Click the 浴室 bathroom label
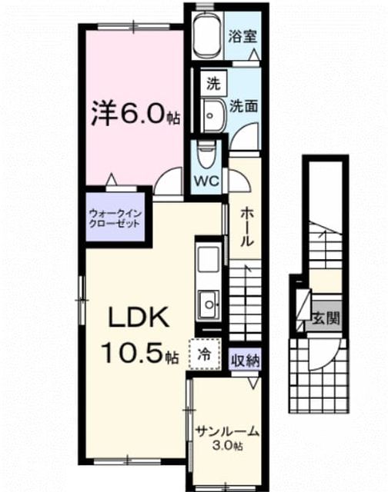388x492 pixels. [242, 36]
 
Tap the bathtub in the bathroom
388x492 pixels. [208, 35]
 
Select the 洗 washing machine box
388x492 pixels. [214, 84]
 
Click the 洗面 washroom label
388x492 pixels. [244, 106]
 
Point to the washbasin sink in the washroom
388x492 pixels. [212, 115]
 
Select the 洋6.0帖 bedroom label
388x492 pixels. [135, 113]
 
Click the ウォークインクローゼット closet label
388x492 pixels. [115, 218]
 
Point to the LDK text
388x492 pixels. [139, 317]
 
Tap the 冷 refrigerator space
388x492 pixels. [205, 354]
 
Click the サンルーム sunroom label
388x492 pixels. [227, 432]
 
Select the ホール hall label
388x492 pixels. [246, 228]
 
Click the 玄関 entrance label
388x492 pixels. [326, 319]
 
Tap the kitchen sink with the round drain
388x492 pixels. [209, 304]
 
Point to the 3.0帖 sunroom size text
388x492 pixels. [227, 445]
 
